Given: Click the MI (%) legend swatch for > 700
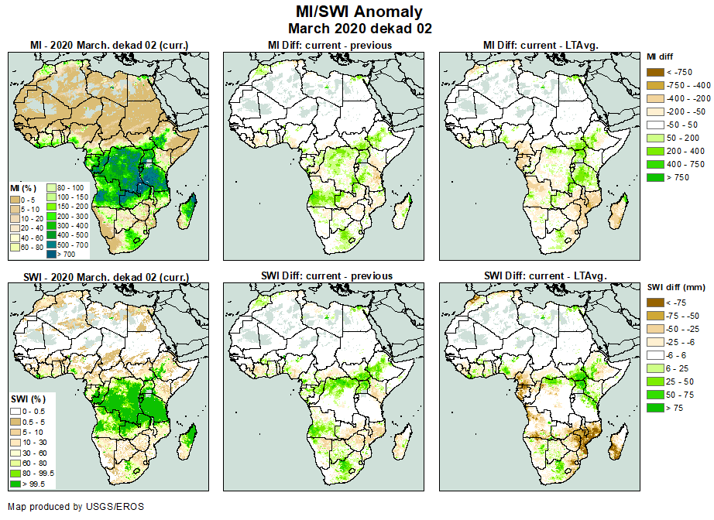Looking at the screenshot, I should coord(51,253).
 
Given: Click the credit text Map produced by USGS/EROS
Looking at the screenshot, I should coord(75,507).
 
